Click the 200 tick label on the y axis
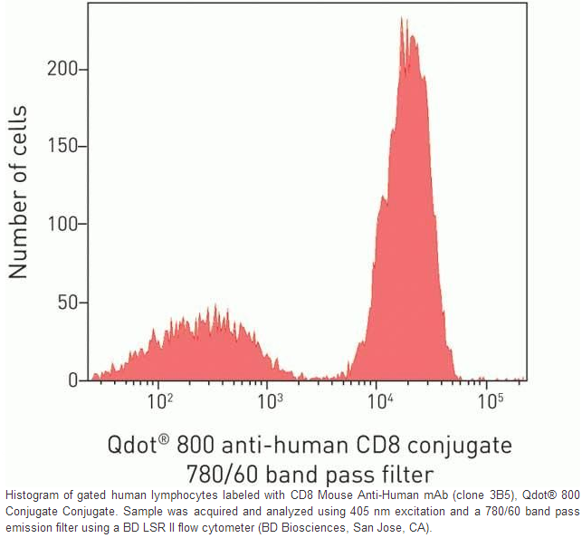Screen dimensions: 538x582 point(68,69)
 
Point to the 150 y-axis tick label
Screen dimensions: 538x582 point(68,147)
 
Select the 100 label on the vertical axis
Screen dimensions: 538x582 point(68,225)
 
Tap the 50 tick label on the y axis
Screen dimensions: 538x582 point(72,303)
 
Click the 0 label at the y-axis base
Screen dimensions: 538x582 point(78,381)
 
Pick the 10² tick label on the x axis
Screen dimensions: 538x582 point(160,399)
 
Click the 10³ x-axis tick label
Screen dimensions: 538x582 point(268,399)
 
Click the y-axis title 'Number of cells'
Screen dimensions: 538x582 point(18,192)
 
